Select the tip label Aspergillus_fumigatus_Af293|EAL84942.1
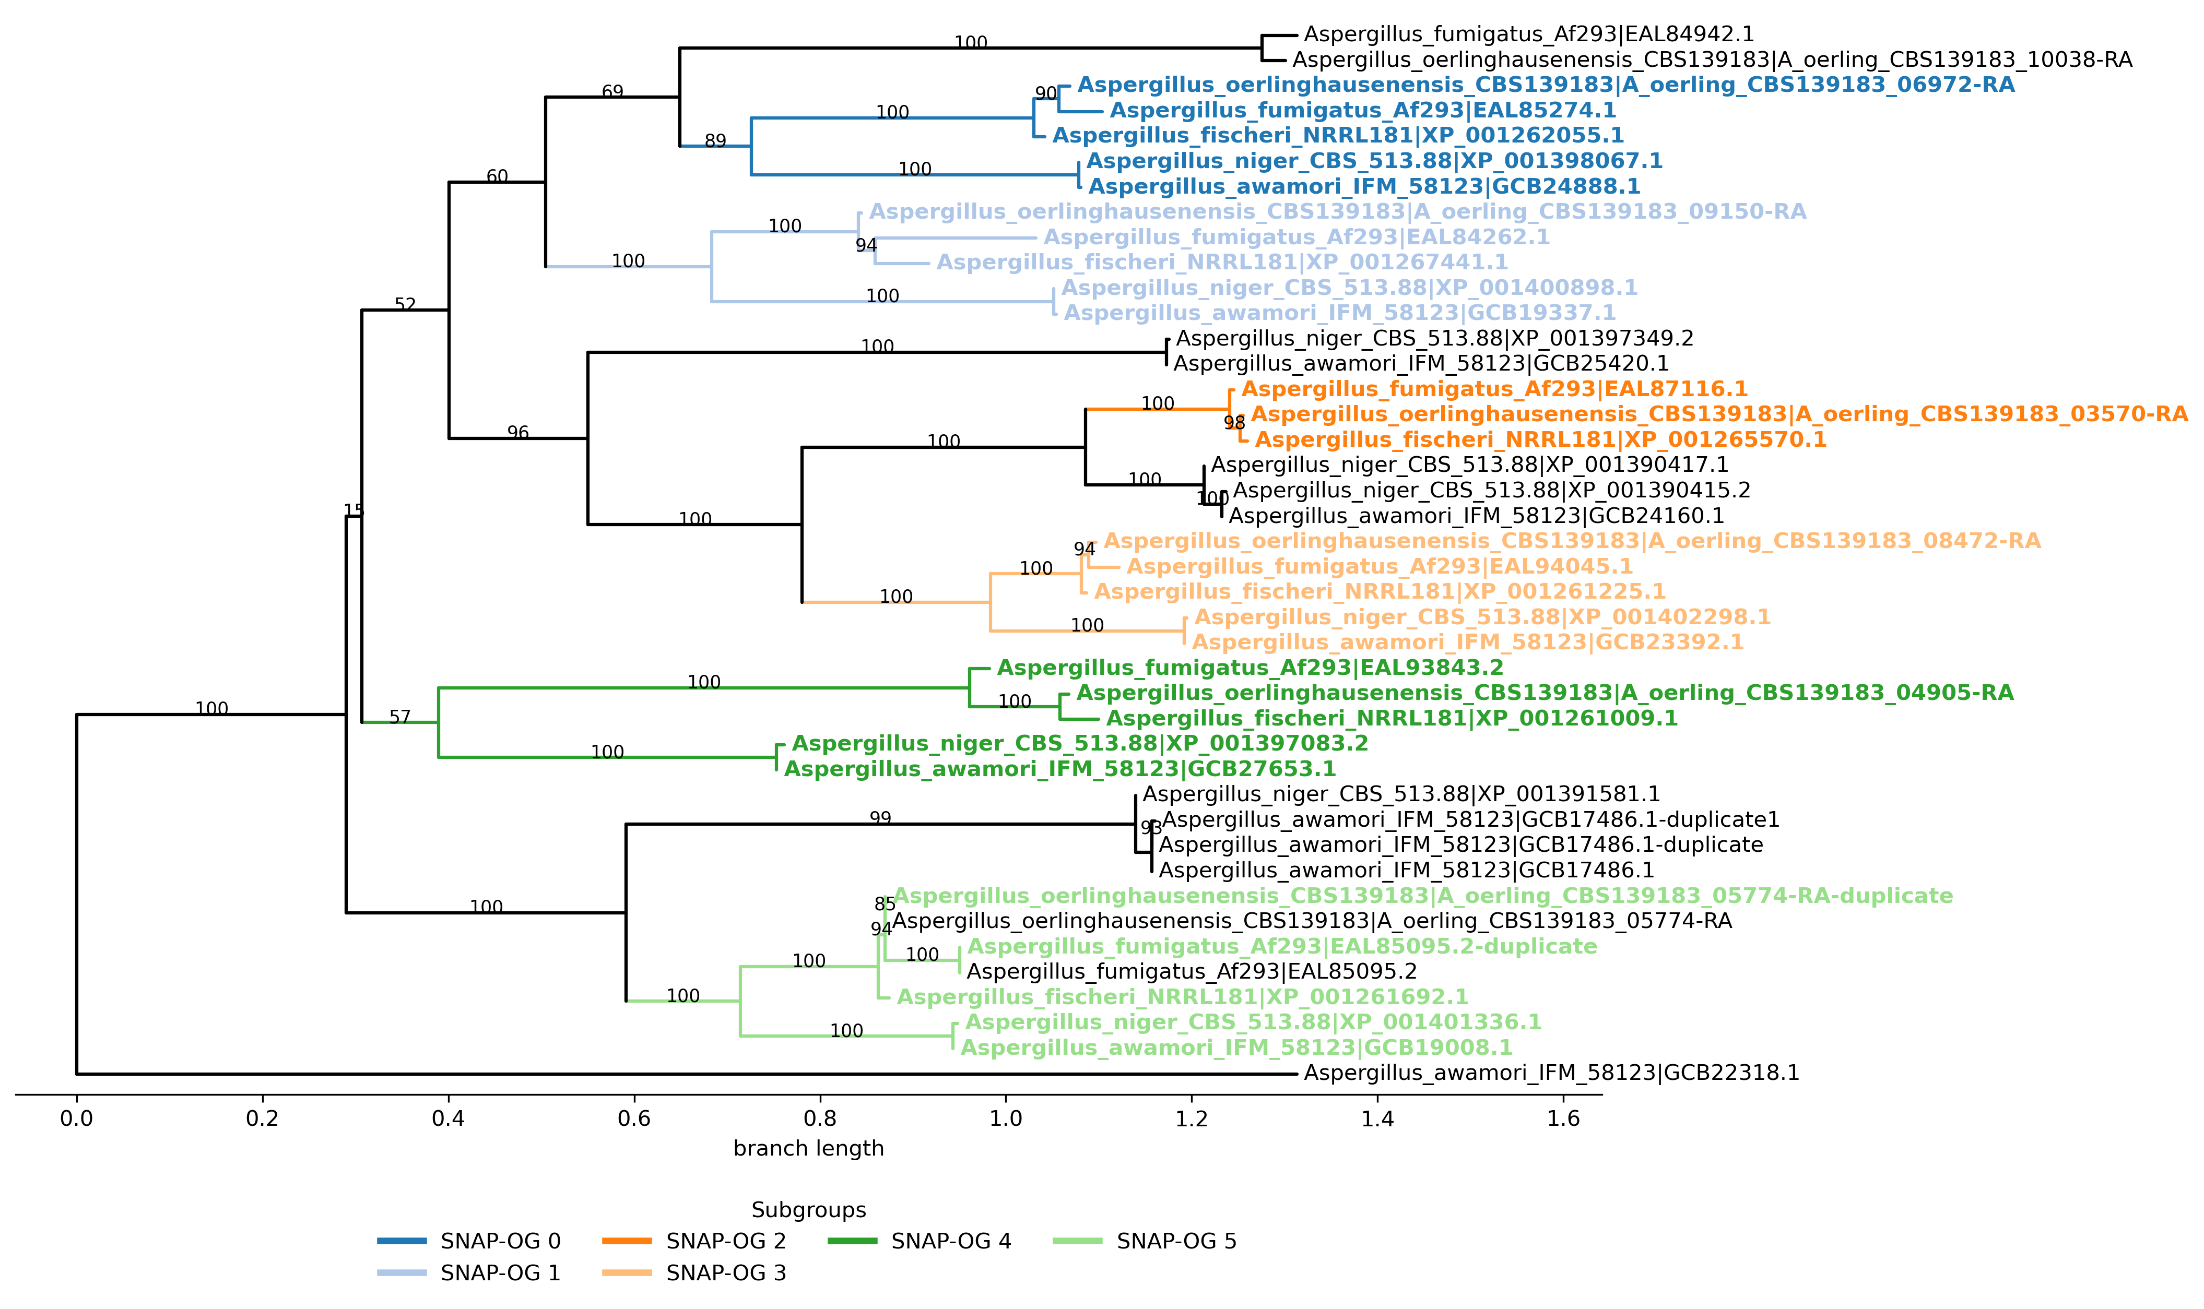1528,34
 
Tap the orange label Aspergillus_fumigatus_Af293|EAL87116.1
1494,389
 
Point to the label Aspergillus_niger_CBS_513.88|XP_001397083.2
1079,744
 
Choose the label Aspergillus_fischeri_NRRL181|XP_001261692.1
1182,997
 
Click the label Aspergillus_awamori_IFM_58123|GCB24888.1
1364,187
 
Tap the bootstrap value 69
612,92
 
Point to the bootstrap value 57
399,717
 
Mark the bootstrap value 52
405,304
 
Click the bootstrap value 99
880,818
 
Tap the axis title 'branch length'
808,1148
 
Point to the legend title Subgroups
808,1210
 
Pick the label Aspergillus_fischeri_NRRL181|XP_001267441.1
1222,263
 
